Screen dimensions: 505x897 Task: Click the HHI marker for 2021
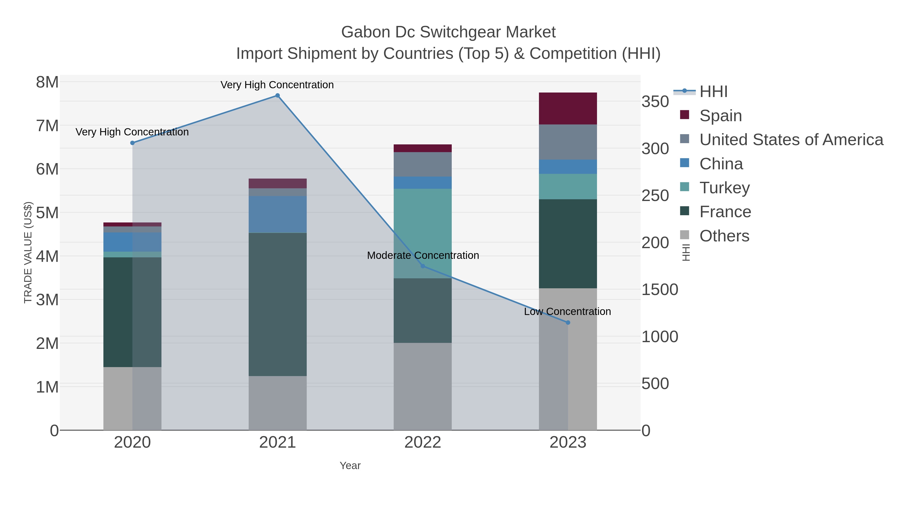pyautogui.click(x=278, y=96)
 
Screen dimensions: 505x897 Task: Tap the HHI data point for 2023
pyautogui.click(x=568, y=323)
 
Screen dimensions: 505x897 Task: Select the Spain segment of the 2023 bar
pyautogui.click(x=568, y=108)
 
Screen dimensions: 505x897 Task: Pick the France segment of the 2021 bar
pyautogui.click(x=278, y=304)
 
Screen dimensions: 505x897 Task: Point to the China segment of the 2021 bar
pyautogui.click(x=278, y=214)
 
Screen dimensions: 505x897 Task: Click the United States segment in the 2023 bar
pyautogui.click(x=568, y=142)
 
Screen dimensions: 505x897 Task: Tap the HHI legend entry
pyautogui.click(x=713, y=92)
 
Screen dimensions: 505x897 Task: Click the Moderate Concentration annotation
pyautogui.click(x=423, y=255)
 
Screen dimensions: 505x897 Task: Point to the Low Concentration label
pyautogui.click(x=567, y=311)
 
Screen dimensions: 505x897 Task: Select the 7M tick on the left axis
pyautogui.click(x=47, y=126)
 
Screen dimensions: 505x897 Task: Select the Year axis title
pyautogui.click(x=350, y=466)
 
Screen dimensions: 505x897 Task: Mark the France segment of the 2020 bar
pyautogui.click(x=132, y=312)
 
